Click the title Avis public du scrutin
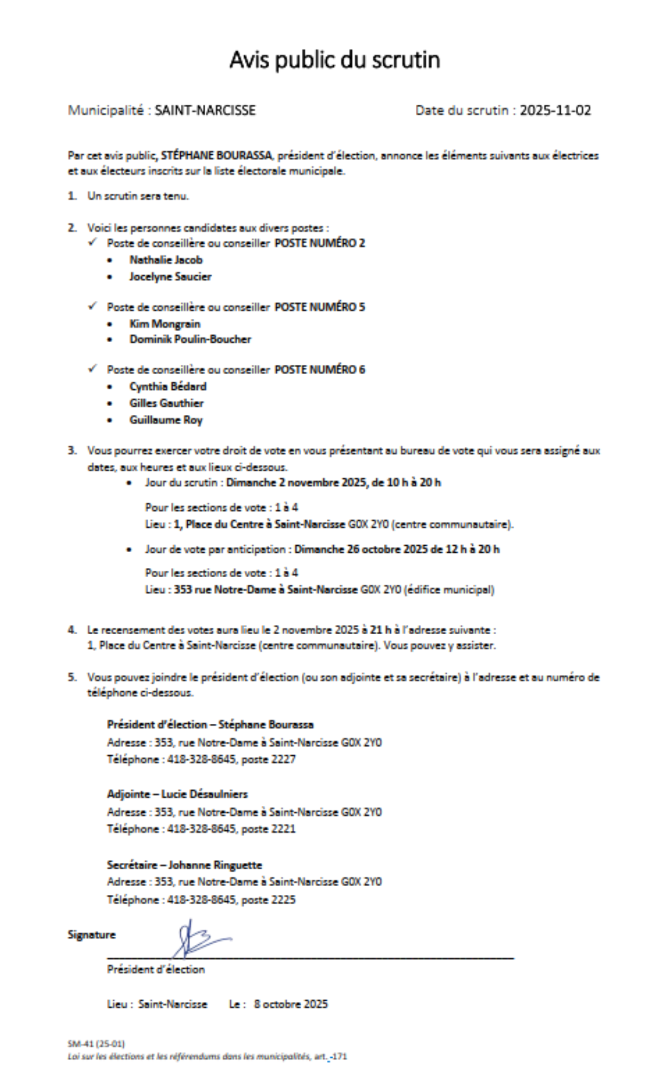(x=334, y=60)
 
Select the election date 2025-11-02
(x=555, y=110)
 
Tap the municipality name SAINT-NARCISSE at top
(x=205, y=110)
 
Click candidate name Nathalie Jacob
(x=166, y=260)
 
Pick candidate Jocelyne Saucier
(x=170, y=277)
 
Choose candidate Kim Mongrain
(x=164, y=324)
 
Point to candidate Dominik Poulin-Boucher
(x=190, y=339)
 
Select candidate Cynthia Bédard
(x=168, y=387)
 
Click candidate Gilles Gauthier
(x=166, y=403)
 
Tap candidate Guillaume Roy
(x=166, y=420)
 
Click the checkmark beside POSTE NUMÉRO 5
(x=93, y=307)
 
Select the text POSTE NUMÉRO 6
(x=320, y=370)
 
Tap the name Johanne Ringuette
(x=215, y=865)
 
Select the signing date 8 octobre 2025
(x=290, y=1004)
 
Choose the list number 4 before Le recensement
(x=72, y=630)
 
